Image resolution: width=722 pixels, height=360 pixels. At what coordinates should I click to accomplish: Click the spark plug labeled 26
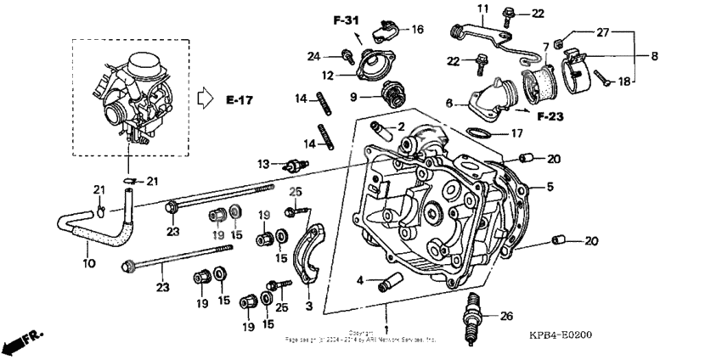click(x=472, y=318)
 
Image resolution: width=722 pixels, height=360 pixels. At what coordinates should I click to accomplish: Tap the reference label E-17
click(x=240, y=100)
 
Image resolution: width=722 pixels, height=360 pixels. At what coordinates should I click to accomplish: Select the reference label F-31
click(x=347, y=18)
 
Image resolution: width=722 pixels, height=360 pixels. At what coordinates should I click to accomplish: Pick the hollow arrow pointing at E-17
click(x=204, y=99)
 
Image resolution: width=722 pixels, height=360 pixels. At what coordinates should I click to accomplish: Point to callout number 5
click(x=550, y=186)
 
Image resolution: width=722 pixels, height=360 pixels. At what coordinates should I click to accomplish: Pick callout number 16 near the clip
click(x=417, y=28)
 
